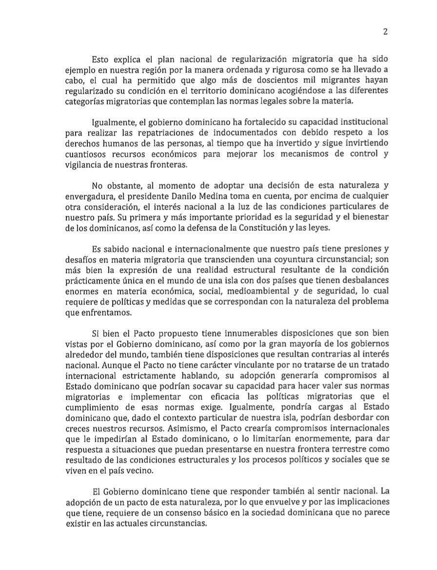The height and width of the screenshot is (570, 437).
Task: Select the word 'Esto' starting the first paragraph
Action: point(100,59)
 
